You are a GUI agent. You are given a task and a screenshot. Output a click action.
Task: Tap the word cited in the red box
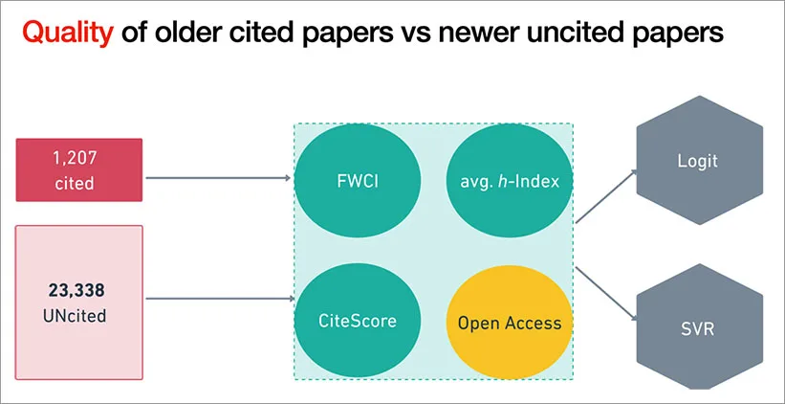point(79,182)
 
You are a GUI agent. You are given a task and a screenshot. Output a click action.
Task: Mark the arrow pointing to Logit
point(606,197)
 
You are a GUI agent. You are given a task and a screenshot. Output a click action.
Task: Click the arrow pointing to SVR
point(606,291)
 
